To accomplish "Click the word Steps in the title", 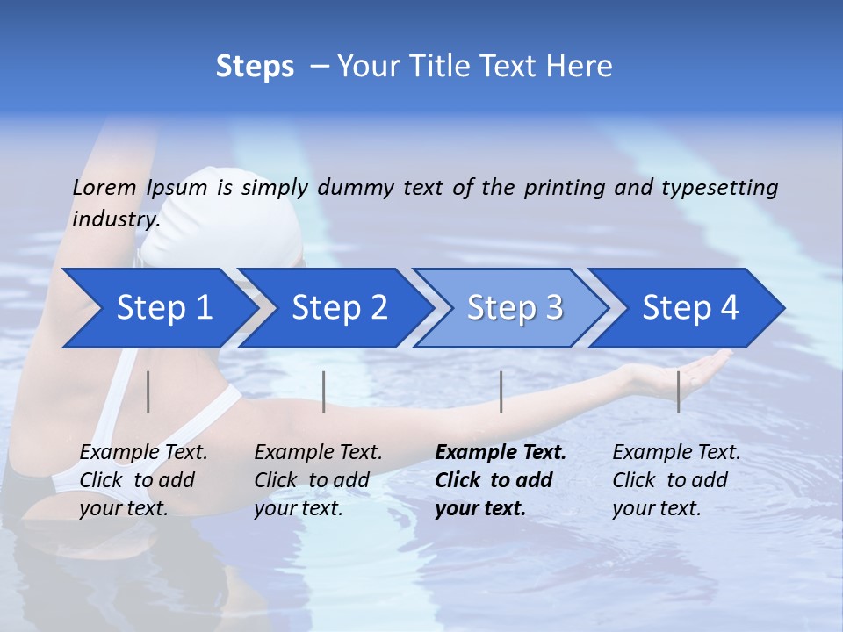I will tap(255, 67).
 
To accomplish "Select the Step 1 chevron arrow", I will tap(158, 308).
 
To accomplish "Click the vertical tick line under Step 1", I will tap(148, 391).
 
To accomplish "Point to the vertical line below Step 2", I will tap(324, 391).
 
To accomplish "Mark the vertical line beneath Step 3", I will tap(501, 391).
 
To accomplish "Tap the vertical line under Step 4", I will tap(678, 391).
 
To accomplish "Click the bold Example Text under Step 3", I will tap(501, 480).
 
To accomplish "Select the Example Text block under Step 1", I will tap(143, 480).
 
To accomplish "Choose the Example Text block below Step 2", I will tap(318, 480).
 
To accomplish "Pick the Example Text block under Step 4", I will tap(676, 480).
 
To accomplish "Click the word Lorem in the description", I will tap(104, 187).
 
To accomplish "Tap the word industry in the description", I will tap(116, 219).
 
